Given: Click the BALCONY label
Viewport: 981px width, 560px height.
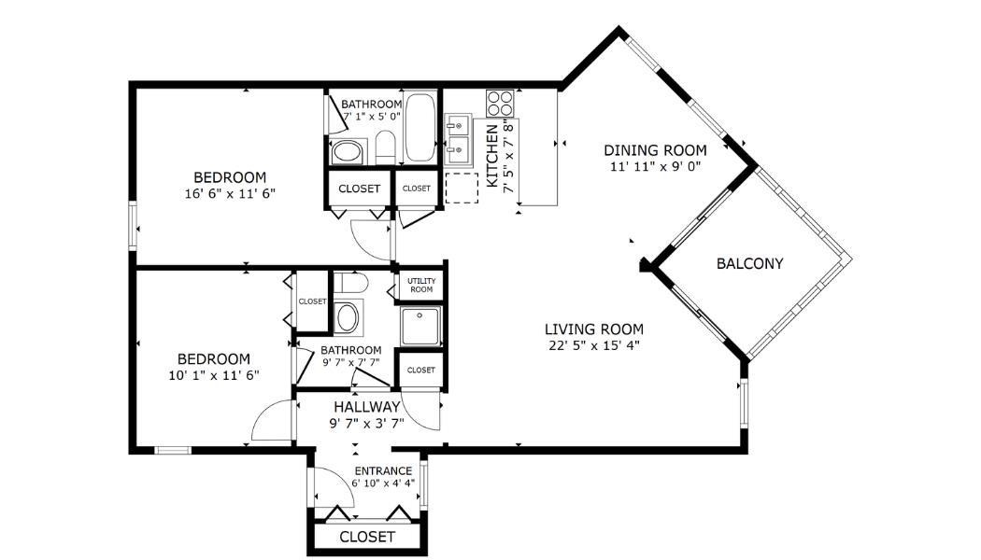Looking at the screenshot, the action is pos(749,264).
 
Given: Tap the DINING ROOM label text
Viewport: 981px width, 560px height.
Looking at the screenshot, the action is pos(655,150).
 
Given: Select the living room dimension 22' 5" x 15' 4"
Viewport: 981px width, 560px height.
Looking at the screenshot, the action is pos(593,345).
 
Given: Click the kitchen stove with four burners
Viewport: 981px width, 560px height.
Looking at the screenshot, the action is pos(501,103).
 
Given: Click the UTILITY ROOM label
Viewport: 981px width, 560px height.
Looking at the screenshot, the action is pos(421,286).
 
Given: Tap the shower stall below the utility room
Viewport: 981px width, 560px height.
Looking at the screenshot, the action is pos(421,326).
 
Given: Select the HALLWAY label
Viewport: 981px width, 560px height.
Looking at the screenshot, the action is pos(366,408).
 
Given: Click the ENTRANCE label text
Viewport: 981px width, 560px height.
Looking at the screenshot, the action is pos(383,470).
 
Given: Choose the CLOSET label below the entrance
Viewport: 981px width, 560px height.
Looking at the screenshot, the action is pos(367,537).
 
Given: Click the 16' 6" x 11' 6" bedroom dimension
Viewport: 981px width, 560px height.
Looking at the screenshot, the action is pos(230,194).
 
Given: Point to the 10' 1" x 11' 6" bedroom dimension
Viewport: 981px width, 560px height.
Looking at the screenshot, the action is pos(214,375).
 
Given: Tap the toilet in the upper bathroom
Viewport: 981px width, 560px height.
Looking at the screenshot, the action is pos(384,147).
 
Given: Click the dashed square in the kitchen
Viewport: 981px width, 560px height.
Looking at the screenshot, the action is pos(462,189).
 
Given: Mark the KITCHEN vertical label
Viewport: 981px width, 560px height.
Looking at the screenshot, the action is pos(493,156).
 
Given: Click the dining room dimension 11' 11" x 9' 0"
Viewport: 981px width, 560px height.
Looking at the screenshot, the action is pos(655,167).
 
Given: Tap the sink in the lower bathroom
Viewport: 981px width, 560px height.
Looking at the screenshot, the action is pos(347,317).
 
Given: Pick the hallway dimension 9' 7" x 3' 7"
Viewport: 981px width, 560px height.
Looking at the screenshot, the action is pos(366,424).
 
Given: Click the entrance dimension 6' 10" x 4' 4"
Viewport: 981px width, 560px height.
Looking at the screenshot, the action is pos(383,483).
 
